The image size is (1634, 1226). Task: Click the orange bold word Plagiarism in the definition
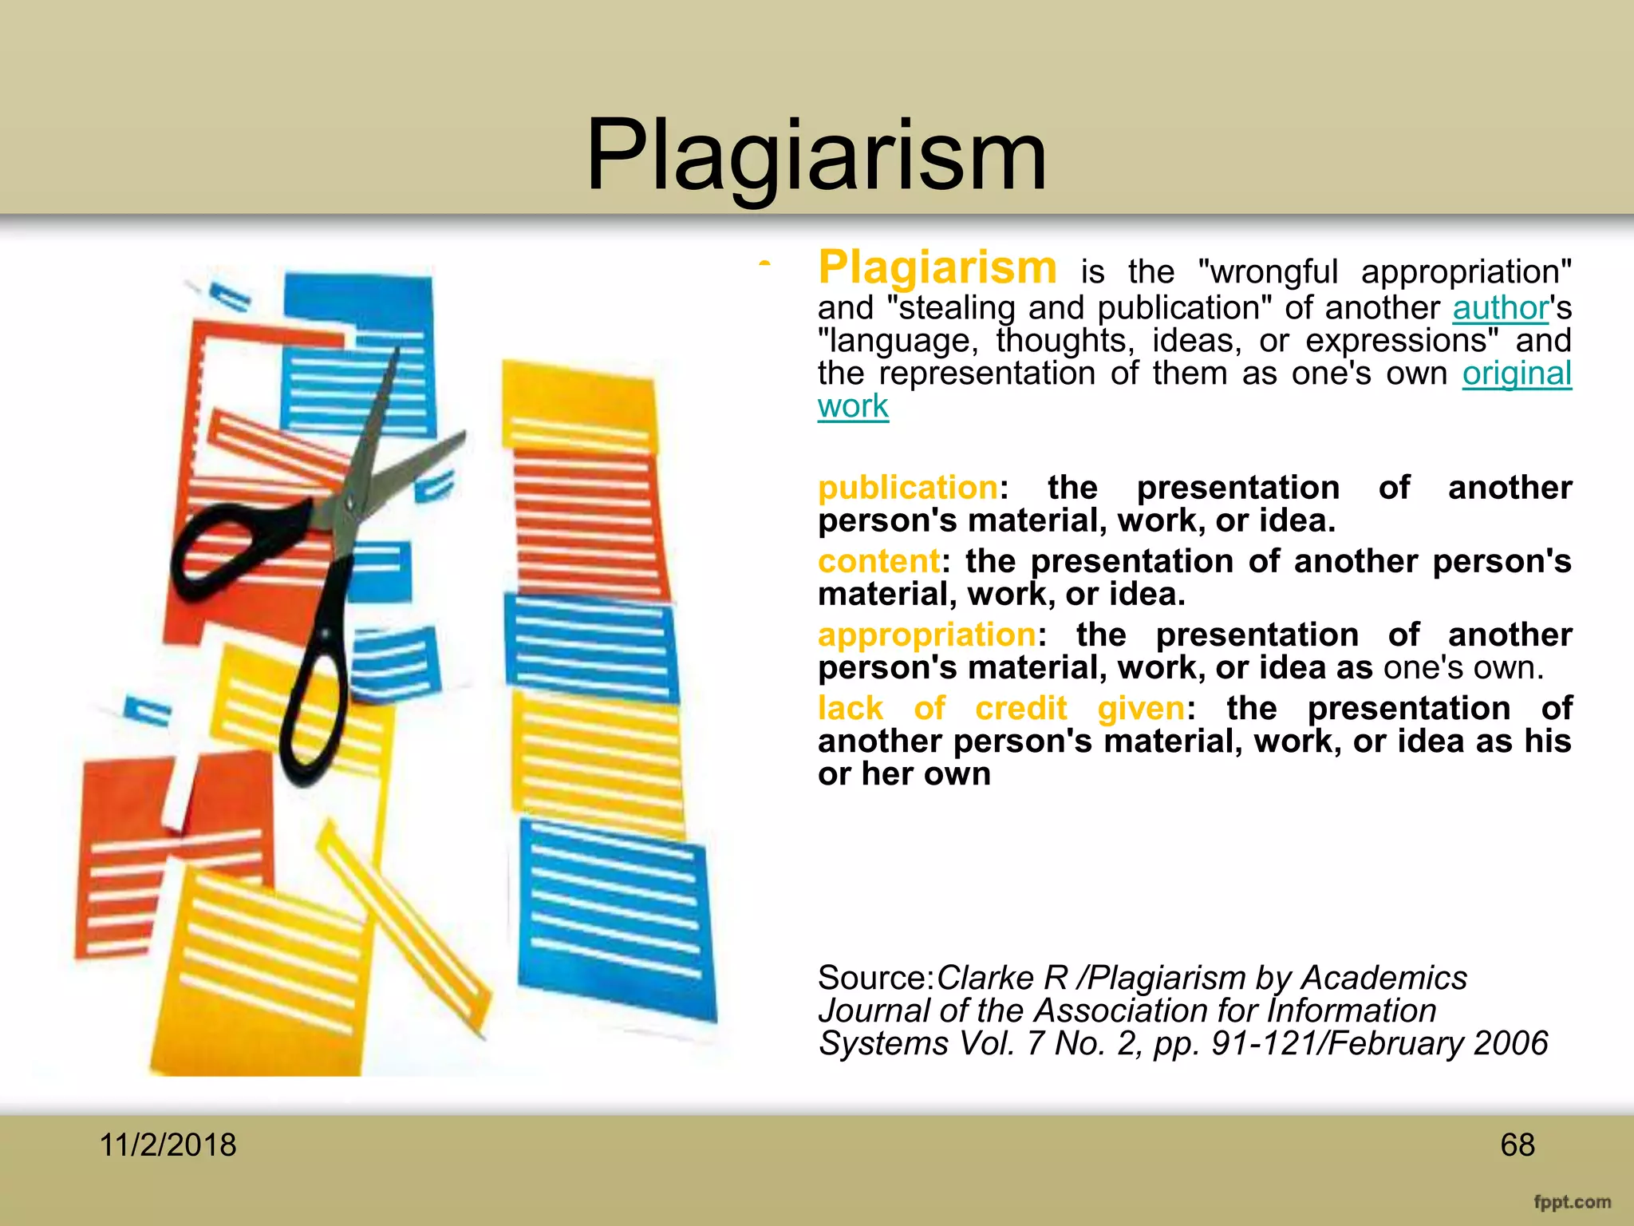point(937,267)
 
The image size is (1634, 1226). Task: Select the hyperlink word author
point(1500,308)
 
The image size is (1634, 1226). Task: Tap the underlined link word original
point(1517,374)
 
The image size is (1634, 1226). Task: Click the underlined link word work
point(853,406)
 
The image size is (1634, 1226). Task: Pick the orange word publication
point(907,488)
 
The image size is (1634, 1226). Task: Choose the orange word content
point(878,561)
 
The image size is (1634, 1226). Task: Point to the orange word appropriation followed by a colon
point(926,635)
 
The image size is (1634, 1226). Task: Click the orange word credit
point(1020,709)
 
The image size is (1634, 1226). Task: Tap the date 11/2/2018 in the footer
point(168,1145)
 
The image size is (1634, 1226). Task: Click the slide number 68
point(1517,1145)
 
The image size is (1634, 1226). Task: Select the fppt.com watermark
point(1572,1202)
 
